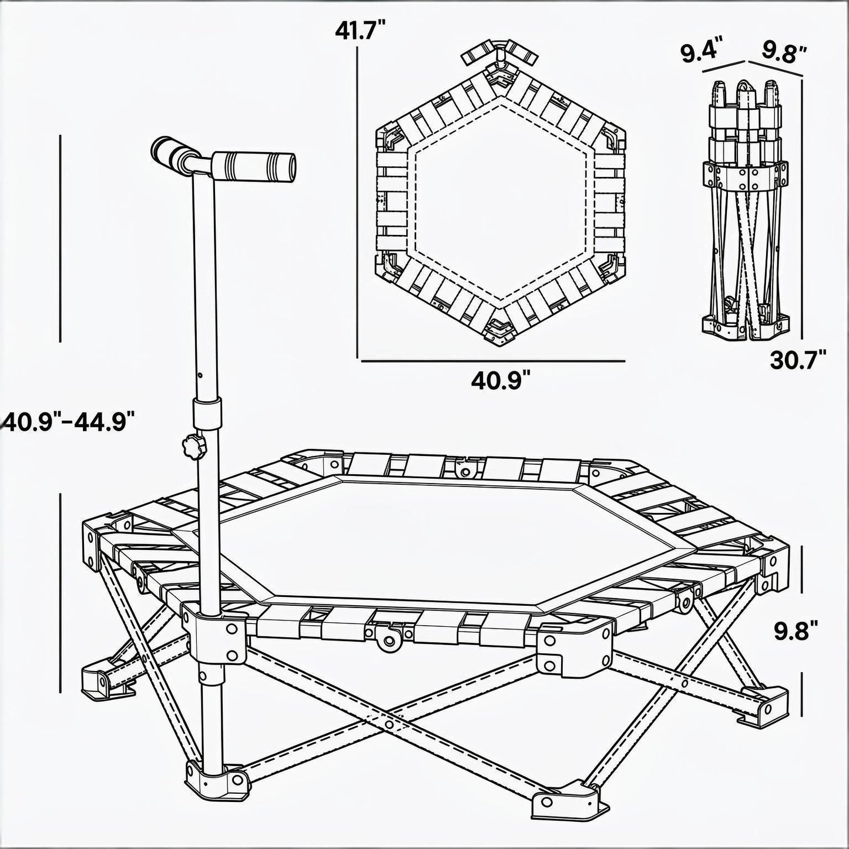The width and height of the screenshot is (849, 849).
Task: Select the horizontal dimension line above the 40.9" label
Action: click(x=493, y=361)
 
